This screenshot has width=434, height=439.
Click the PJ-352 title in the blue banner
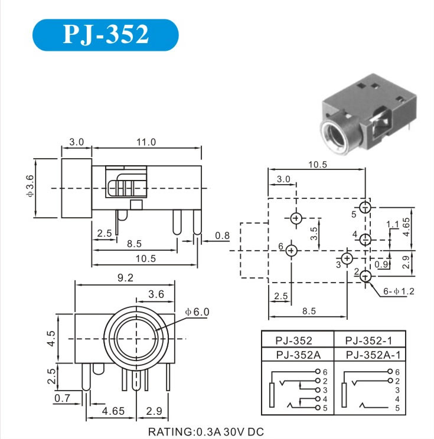(105, 35)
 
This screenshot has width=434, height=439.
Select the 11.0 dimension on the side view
(146, 142)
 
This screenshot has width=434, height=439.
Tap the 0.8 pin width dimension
(223, 237)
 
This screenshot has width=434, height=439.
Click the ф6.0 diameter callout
(197, 312)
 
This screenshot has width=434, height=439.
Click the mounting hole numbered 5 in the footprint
(366, 208)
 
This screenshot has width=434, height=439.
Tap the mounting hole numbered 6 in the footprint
(291, 251)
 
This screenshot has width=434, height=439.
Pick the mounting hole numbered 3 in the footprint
(347, 258)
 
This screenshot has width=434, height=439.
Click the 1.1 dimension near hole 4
(392, 224)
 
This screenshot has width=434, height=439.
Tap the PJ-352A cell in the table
(297, 355)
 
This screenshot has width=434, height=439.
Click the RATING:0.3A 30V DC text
(205, 431)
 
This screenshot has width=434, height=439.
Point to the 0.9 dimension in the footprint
(381, 264)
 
